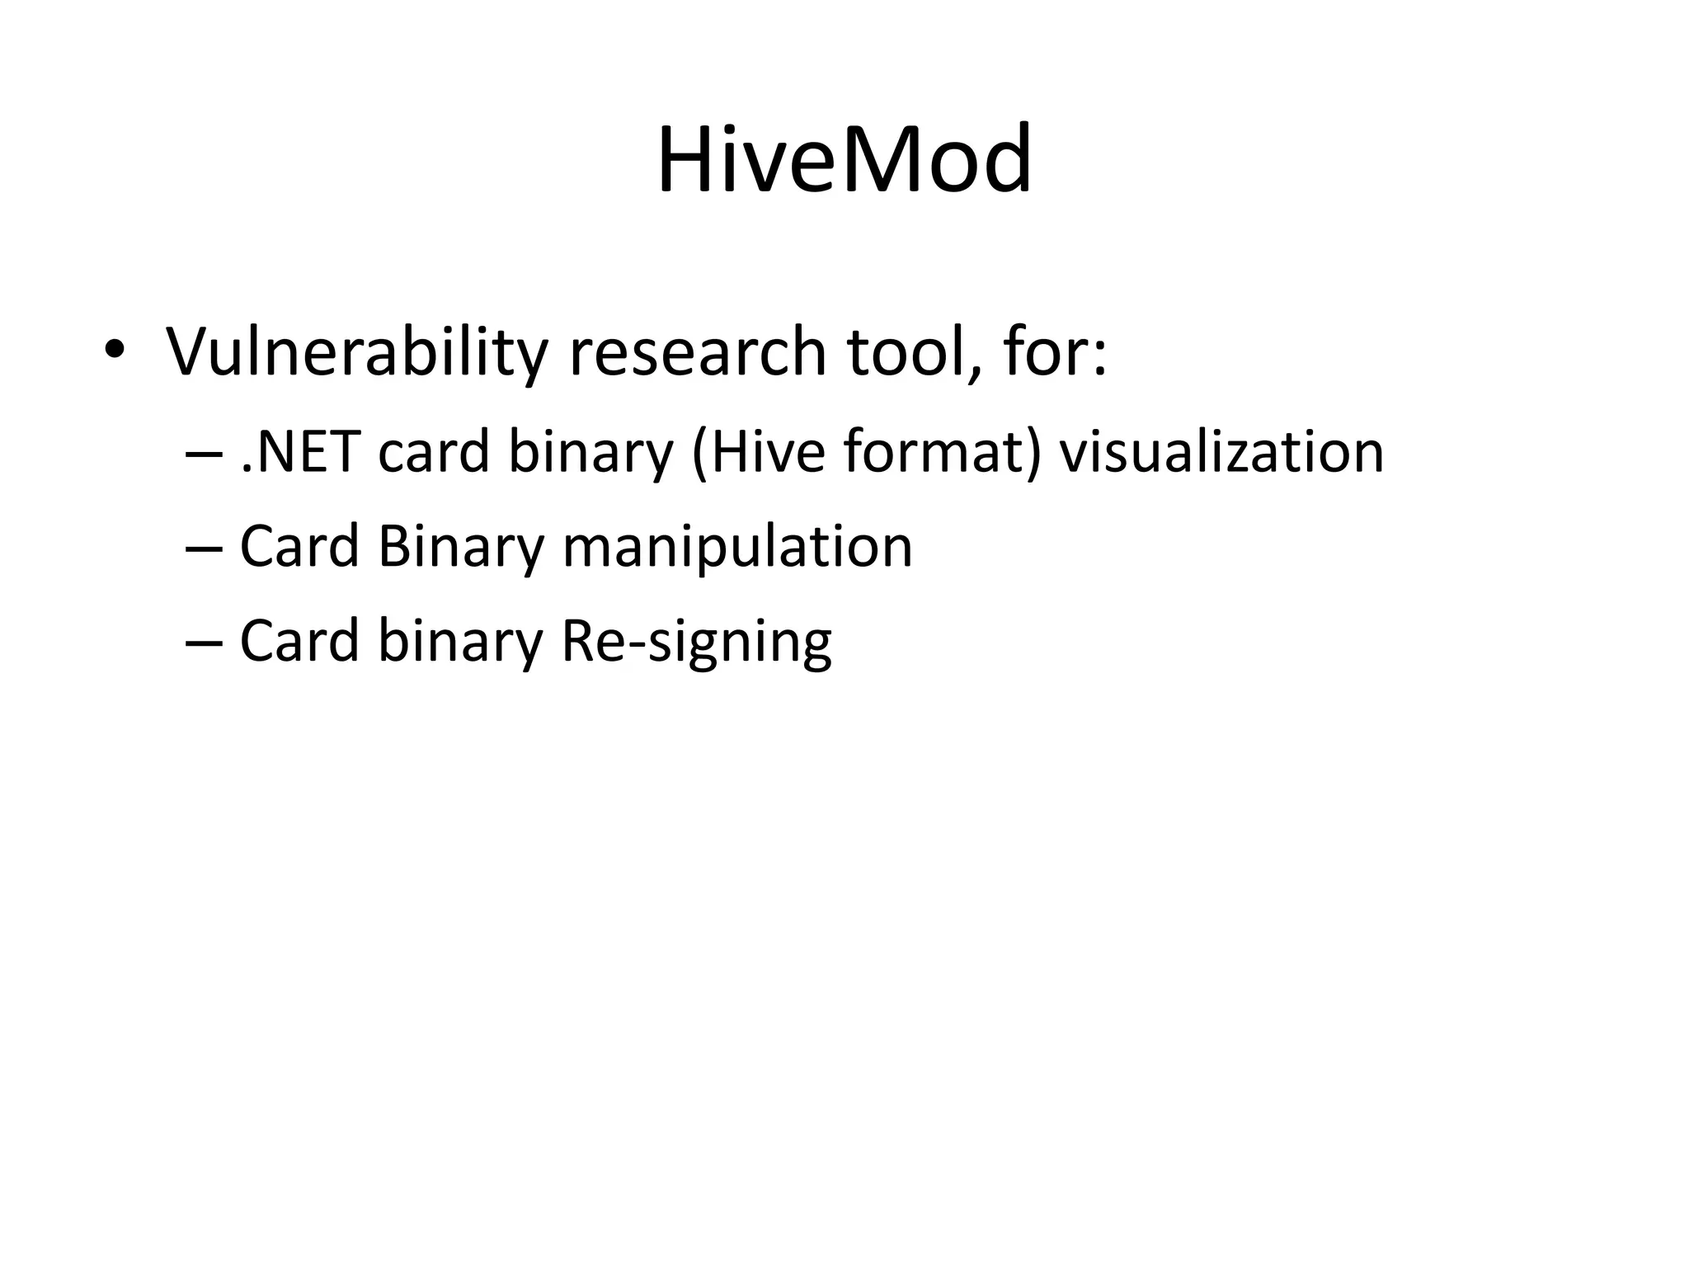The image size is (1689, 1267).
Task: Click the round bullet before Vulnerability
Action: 114,352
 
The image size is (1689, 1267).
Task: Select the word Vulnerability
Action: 357,352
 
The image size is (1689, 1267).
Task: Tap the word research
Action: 698,352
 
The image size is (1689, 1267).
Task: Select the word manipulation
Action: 737,548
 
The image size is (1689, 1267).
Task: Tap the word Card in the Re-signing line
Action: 299,641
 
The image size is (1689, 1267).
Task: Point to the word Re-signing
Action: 696,643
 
